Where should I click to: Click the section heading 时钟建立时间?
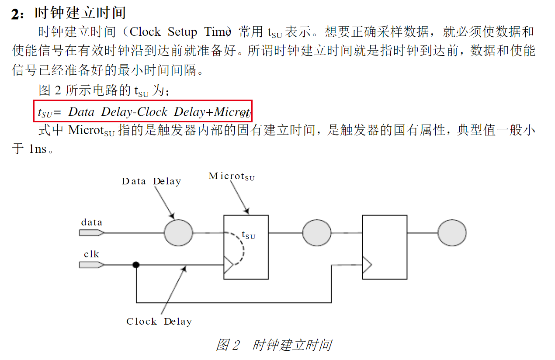[x=80, y=12]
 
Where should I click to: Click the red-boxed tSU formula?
[x=143, y=112]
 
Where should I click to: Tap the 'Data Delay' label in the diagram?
[x=151, y=181]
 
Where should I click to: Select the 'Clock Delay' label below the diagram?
[x=159, y=322]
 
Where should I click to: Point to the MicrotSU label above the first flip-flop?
[x=231, y=177]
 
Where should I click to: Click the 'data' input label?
[x=92, y=222]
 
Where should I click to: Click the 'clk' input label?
[x=91, y=254]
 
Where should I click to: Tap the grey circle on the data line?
[x=178, y=233]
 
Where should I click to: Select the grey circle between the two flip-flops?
[x=317, y=233]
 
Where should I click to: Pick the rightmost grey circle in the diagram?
[x=452, y=233]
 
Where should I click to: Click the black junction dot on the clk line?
[x=136, y=265]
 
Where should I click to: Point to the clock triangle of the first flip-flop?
[x=228, y=265]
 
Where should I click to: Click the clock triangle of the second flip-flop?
[x=367, y=265]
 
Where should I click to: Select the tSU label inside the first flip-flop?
[x=248, y=235]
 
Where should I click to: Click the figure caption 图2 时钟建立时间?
[x=274, y=345]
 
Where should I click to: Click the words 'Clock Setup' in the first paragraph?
[x=163, y=32]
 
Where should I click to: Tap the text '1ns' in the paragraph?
[x=38, y=149]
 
